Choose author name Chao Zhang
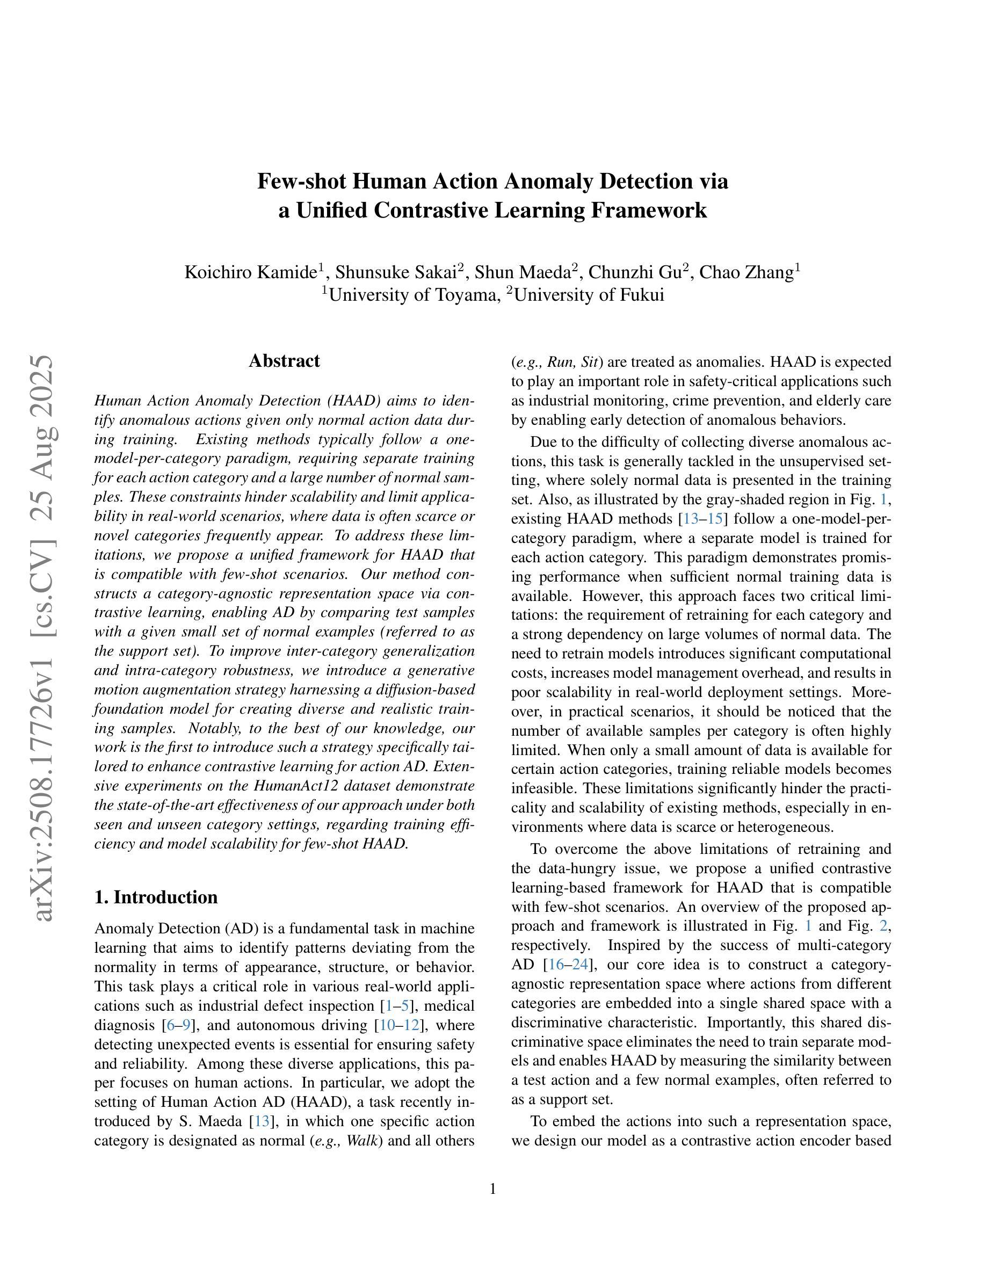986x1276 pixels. [746, 272]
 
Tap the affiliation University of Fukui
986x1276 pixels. [589, 295]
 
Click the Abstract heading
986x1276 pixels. [284, 361]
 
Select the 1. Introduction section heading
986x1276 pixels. [156, 897]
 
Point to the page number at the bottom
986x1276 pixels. [492, 1189]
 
